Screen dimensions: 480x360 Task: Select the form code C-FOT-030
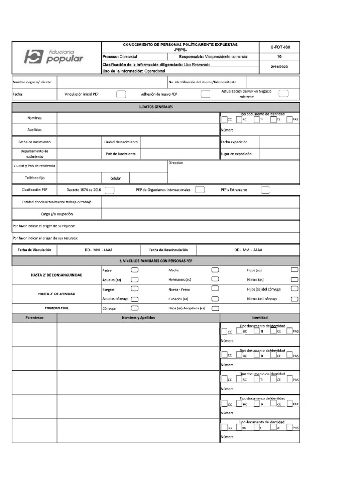[279, 47]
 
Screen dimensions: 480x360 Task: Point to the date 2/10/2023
[279, 67]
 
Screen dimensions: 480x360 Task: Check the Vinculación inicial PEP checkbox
[120, 94]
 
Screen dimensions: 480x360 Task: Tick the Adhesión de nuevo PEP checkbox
[205, 94]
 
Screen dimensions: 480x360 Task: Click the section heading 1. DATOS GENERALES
[156, 107]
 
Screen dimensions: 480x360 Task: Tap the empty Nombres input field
[138, 118]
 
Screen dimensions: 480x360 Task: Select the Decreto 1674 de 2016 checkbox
[110, 190]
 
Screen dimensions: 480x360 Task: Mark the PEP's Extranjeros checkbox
[265, 190]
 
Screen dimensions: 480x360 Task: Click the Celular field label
[115, 178]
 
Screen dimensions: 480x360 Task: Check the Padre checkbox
[135, 270]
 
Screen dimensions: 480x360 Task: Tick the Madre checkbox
[216, 270]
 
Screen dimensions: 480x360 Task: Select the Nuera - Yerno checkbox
[216, 289]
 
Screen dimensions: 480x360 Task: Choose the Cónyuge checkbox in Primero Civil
[135, 308]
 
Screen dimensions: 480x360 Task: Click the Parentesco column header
[34, 318]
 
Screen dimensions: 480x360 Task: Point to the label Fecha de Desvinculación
[168, 250]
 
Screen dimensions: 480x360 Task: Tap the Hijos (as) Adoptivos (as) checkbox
[216, 308]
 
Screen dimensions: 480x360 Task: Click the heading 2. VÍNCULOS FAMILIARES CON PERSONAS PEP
[156, 260]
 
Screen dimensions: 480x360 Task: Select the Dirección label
[175, 163]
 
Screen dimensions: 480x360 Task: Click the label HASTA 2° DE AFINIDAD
[56, 294]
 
